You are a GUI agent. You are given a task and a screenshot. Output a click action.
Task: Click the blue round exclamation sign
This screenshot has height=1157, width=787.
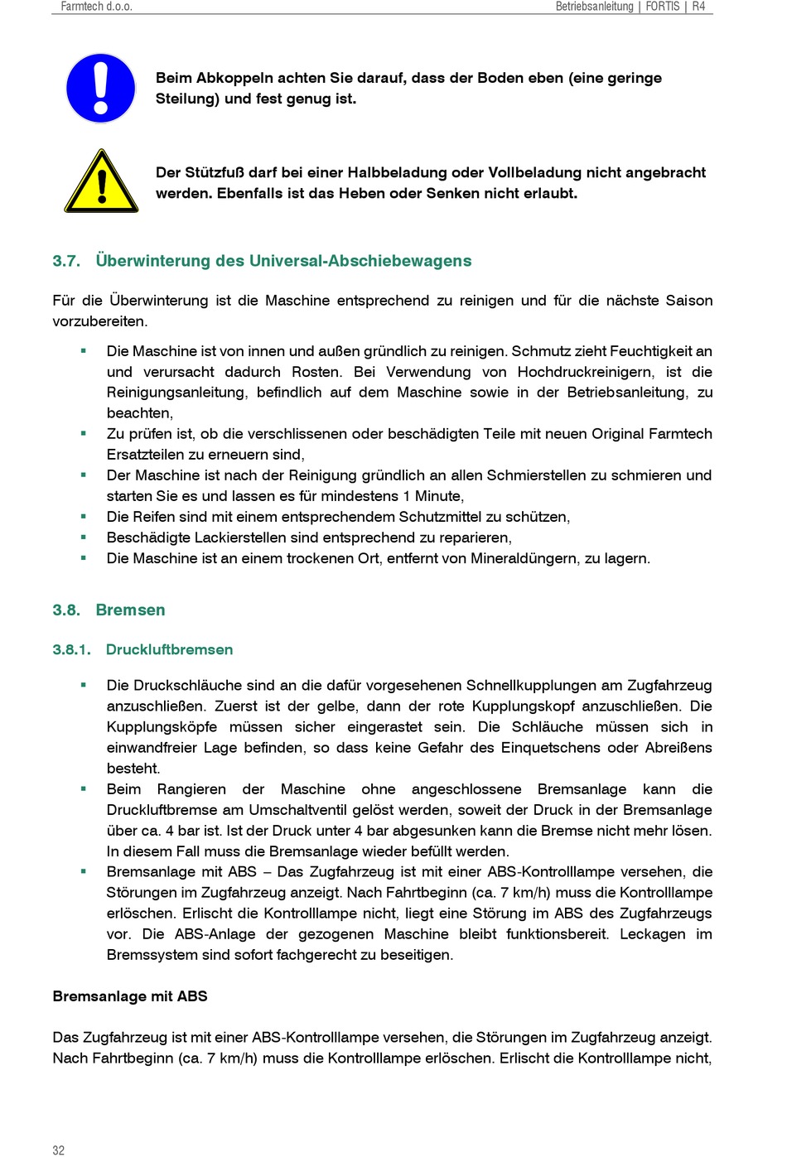coord(100,89)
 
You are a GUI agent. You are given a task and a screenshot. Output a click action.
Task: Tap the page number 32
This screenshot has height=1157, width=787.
coord(58,1150)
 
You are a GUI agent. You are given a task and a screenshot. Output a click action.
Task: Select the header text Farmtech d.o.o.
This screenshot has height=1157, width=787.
coord(96,7)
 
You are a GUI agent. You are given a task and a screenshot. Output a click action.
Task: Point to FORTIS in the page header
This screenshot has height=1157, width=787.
coord(662,7)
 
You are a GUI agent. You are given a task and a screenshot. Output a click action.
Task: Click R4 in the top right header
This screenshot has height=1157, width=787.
coord(698,7)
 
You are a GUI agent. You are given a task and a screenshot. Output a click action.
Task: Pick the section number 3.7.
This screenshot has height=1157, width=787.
coord(66,261)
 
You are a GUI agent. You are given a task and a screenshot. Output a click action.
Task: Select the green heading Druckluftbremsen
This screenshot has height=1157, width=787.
coord(169,649)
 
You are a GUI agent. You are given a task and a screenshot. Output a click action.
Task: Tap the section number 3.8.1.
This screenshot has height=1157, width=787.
coord(71,649)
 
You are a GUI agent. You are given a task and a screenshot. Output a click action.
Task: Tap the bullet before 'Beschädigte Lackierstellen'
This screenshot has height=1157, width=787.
coord(84,537)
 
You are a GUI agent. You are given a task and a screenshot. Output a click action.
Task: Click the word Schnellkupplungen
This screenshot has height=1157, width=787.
coord(532,686)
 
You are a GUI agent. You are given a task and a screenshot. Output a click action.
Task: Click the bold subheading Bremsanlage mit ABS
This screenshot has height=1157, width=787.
coord(130,996)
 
